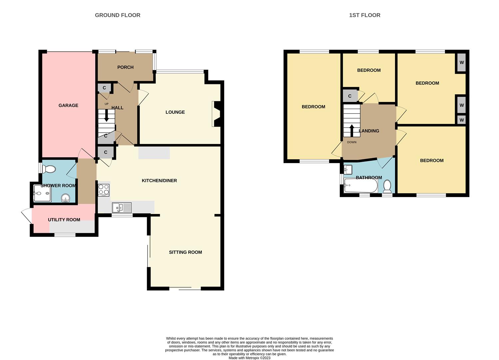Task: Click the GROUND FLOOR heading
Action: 118,15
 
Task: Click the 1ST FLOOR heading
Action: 364,15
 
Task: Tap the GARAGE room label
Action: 68,105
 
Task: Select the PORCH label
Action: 125,67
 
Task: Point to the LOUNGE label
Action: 175,112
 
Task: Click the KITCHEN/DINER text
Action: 159,181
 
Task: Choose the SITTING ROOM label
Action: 185,252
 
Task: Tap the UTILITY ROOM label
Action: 64,220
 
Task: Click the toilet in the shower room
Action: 49,169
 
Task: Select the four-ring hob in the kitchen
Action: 104,190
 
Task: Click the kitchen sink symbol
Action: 122,208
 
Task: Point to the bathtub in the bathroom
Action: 360,186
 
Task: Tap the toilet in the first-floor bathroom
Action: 387,186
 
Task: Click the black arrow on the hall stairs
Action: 107,116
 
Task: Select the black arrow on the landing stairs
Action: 352,130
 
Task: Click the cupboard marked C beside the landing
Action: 350,96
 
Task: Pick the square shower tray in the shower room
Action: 42,193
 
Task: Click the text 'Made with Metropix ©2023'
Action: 249,358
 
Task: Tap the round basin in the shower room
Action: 66,199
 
